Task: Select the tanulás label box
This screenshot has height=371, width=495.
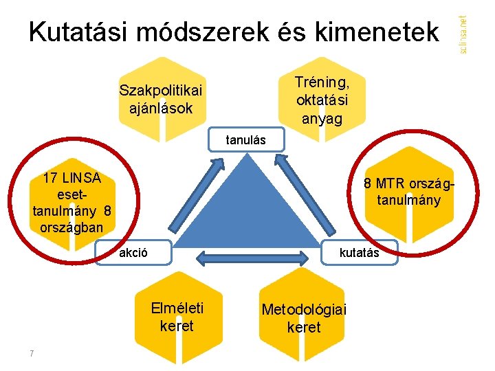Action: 246,141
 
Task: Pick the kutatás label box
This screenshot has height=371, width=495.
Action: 359,252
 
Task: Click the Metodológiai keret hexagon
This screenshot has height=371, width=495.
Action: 304,317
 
